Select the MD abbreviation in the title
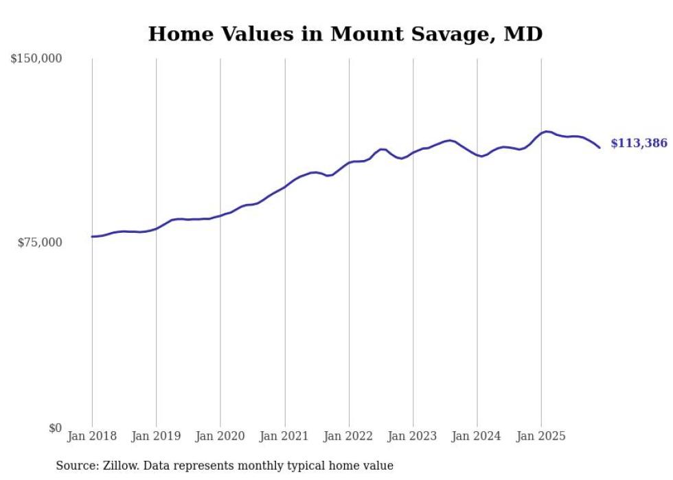point(523,34)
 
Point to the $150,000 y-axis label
point(36,59)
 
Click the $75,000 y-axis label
point(39,242)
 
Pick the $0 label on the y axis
point(55,428)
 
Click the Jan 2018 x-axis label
point(92,436)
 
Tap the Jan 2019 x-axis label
point(156,436)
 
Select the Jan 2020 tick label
point(220,436)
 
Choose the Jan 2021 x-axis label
point(284,436)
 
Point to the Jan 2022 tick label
point(349,436)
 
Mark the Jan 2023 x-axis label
point(413,436)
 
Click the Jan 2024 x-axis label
point(477,436)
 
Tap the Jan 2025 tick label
point(541,436)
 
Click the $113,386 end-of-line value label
point(639,144)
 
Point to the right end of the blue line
point(600,148)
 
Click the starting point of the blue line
point(92,236)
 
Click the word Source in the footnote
point(76,466)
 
